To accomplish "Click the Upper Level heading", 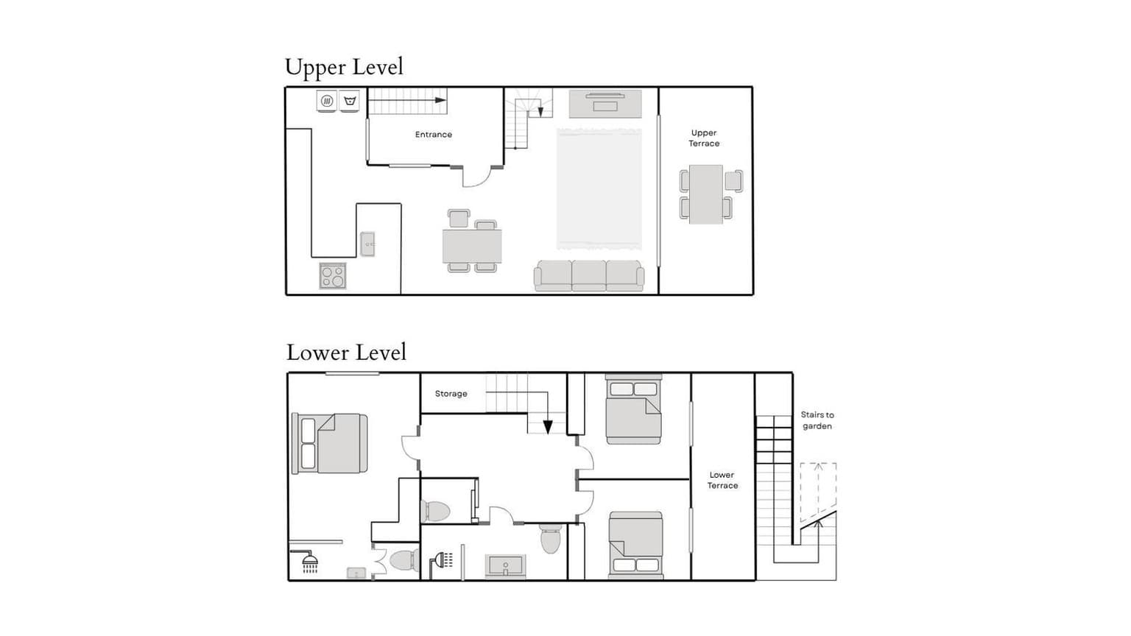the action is click(x=344, y=68).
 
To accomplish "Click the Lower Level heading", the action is click(x=346, y=353).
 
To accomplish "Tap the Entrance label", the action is click(x=433, y=134).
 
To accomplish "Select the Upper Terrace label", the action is click(x=704, y=138).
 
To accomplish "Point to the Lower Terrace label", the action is click(x=722, y=480).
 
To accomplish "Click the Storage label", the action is click(x=451, y=394).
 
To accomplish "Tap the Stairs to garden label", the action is click(x=817, y=420).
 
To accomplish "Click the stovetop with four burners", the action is click(x=333, y=275).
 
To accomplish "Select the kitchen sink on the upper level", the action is click(x=367, y=244).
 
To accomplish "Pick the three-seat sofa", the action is click(x=589, y=275).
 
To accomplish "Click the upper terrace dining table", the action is click(x=706, y=194).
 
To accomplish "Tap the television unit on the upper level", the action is click(x=605, y=104).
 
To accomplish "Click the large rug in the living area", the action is click(x=599, y=188).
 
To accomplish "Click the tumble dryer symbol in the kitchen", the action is click(x=327, y=101).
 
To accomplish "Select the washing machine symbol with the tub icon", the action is click(x=350, y=101).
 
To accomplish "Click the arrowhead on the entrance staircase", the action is click(x=441, y=100).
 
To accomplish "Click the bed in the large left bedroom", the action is click(x=329, y=444).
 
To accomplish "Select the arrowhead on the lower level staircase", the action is click(x=548, y=428).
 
